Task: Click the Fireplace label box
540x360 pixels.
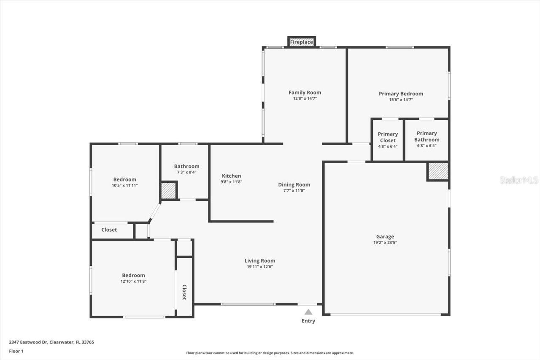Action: point(301,42)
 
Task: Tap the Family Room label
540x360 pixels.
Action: point(305,92)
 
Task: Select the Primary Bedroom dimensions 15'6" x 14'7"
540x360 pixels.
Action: point(401,100)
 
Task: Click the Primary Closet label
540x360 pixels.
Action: point(388,137)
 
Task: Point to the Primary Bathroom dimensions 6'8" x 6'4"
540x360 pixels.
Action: point(427,146)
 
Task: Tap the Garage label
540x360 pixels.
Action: point(385,236)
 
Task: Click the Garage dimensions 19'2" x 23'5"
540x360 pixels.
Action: point(385,243)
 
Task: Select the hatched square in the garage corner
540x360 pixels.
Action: point(438,171)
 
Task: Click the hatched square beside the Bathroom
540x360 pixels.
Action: point(168,191)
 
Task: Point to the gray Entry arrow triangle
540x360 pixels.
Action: point(308,312)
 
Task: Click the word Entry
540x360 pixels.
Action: point(308,321)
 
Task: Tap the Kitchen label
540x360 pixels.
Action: point(232,176)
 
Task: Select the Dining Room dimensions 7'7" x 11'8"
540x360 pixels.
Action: point(294,191)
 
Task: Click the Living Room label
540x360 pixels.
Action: point(259,261)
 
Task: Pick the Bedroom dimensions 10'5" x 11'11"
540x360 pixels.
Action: point(124,185)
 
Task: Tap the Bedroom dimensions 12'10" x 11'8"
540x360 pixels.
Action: point(133,282)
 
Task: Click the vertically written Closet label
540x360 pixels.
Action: point(184,292)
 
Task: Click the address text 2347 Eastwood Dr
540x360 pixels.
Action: point(29,342)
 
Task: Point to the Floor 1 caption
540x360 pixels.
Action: point(16,351)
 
